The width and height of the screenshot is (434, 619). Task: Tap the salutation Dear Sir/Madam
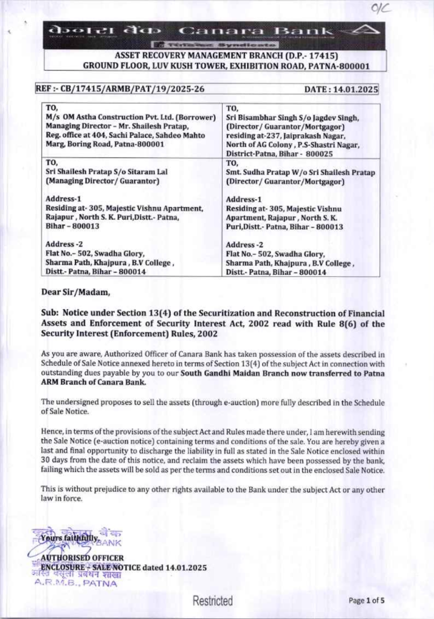(76, 292)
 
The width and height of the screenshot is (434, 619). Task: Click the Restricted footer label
(213, 601)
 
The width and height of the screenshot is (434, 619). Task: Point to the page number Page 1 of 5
(366, 601)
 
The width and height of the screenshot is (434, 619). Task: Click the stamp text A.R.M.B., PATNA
(76, 583)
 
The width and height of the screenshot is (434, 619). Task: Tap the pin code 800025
(319, 154)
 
